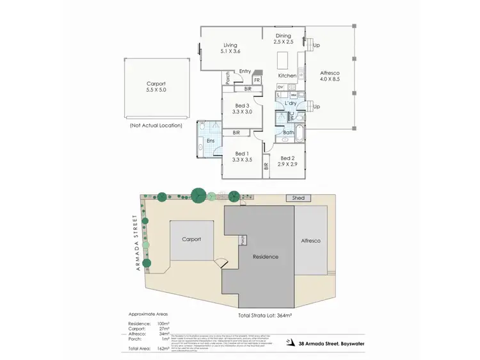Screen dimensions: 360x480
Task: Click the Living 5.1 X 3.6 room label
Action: [230, 47]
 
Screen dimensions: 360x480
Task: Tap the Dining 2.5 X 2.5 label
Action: [283, 39]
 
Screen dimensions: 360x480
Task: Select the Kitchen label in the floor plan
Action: [287, 76]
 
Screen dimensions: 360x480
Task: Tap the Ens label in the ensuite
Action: [210, 141]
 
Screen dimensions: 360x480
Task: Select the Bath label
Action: [288, 133]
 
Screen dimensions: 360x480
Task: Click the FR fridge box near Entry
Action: [256, 80]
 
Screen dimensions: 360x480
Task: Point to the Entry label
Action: [245, 71]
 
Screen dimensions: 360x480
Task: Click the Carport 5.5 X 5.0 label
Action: [156, 87]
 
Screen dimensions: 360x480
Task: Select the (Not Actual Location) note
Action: [156, 126]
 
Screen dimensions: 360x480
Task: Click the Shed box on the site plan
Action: [300, 199]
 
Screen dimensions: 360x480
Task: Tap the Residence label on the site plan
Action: [266, 257]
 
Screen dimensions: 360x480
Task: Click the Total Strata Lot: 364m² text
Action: [264, 316]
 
